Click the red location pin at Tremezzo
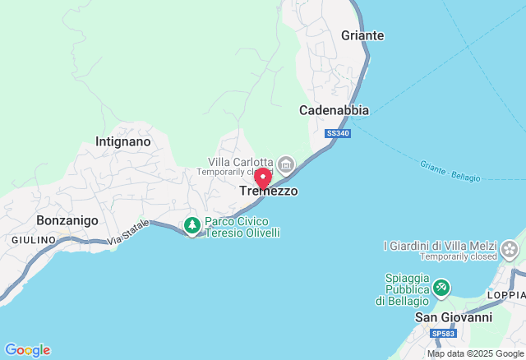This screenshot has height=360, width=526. point(263,178)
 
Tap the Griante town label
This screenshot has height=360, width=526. point(362,36)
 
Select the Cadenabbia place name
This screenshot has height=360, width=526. point(334,110)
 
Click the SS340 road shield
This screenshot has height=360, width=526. point(338,133)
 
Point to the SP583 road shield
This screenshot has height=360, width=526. point(442,334)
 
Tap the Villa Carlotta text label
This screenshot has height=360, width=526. point(240,162)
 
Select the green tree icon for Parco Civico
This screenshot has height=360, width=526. point(192,225)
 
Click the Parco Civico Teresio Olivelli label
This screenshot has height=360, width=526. point(242,227)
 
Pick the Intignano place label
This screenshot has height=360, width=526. point(123,141)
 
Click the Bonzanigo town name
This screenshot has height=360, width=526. point(67,221)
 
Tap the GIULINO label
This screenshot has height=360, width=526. point(34,239)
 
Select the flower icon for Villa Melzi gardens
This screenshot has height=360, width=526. point(510,247)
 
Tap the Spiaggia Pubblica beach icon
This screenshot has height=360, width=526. point(442,287)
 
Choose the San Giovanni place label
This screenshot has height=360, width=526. point(453,317)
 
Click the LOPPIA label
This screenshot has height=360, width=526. point(505,295)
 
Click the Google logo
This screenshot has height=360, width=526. point(27,350)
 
